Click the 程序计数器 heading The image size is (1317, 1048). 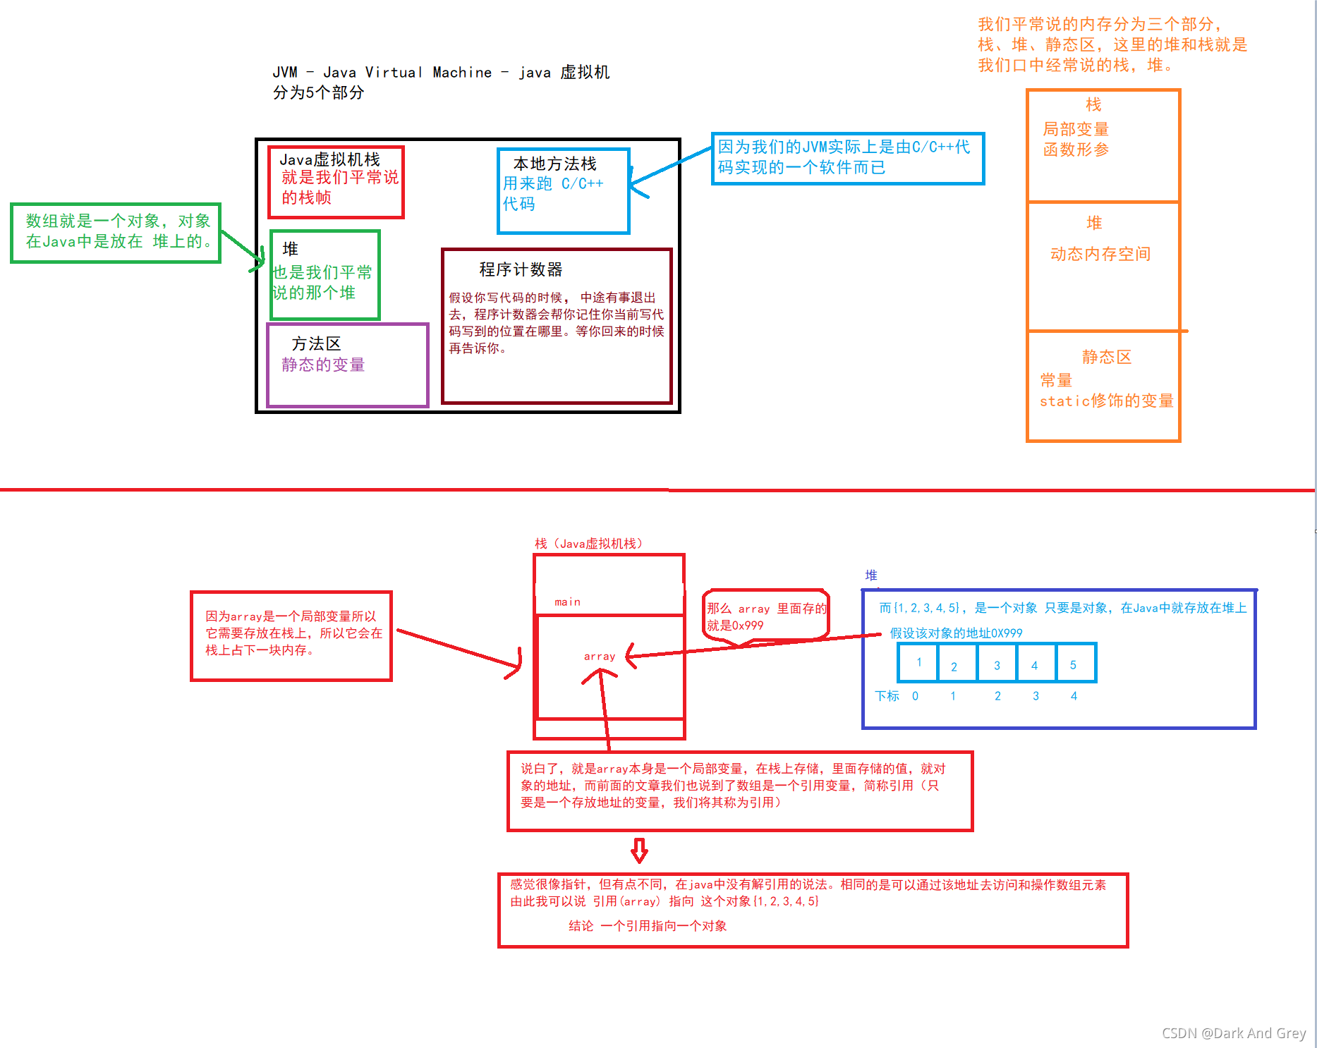(521, 269)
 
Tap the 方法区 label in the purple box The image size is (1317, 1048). (316, 343)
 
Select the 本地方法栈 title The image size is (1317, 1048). (554, 164)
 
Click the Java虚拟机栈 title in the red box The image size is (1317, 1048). (329, 159)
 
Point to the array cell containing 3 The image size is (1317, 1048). (997, 664)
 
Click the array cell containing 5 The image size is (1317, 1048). (1073, 664)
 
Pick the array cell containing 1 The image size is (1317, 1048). (918, 662)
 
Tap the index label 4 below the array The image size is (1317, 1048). (1074, 696)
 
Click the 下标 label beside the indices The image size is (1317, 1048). (887, 696)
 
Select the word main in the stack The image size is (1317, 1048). (567, 602)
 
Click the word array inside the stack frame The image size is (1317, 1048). (600, 656)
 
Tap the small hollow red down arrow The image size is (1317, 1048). (639, 851)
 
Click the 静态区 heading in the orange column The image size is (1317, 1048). (1106, 357)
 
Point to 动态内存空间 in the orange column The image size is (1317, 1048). (1100, 254)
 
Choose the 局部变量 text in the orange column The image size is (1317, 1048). (1076, 129)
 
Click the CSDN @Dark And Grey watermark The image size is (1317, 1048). (1234, 1033)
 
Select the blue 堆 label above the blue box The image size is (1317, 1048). (871, 575)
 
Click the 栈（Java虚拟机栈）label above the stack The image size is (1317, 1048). (588, 543)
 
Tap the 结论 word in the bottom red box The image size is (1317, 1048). (581, 926)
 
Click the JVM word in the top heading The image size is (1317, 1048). (285, 72)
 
